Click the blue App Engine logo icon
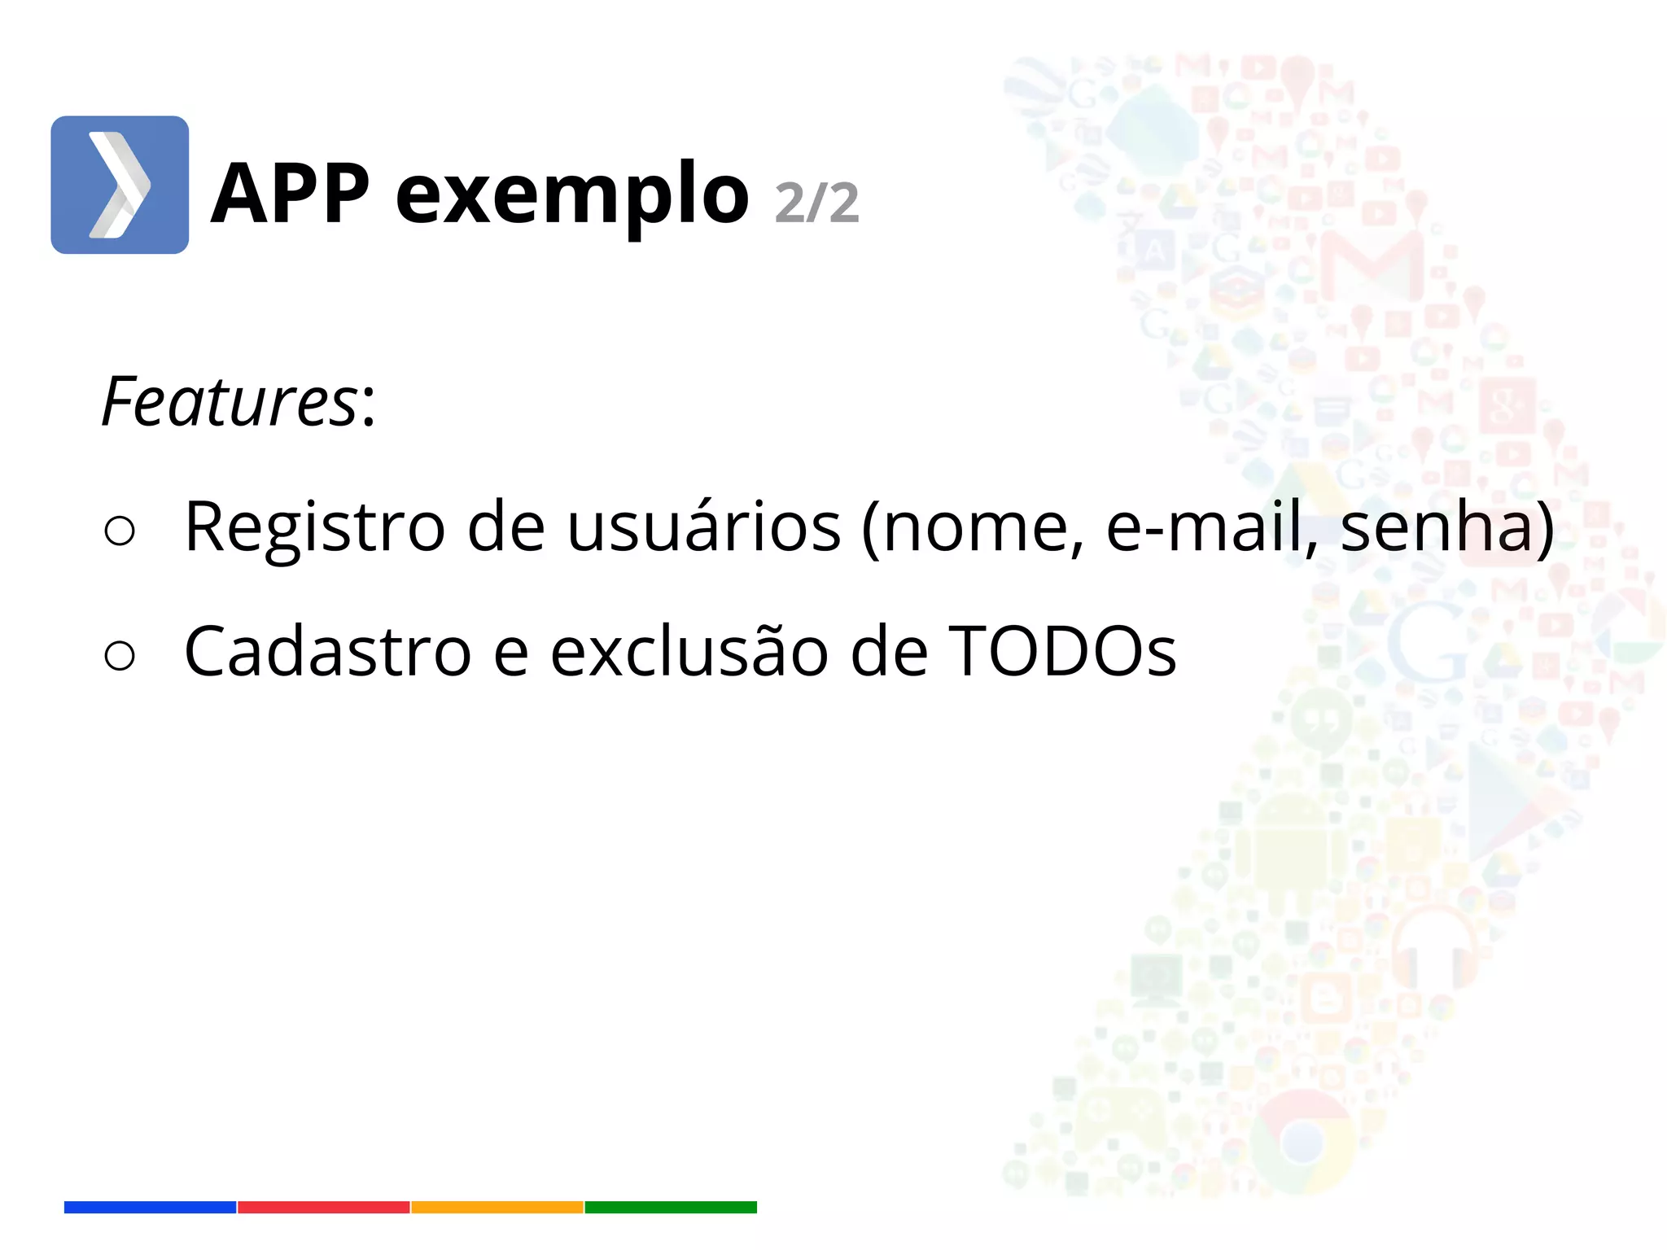click(120, 185)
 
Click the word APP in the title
click(290, 194)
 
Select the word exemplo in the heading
click(571, 196)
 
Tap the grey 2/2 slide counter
click(816, 203)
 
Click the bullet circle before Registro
click(120, 531)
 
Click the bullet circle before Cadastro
click(120, 655)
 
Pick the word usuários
click(703, 527)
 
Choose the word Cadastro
click(327, 651)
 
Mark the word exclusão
click(689, 651)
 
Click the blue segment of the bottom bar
click(150, 1207)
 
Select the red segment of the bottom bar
click(324, 1207)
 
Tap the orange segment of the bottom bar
click(497, 1207)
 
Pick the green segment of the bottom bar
click(671, 1207)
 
